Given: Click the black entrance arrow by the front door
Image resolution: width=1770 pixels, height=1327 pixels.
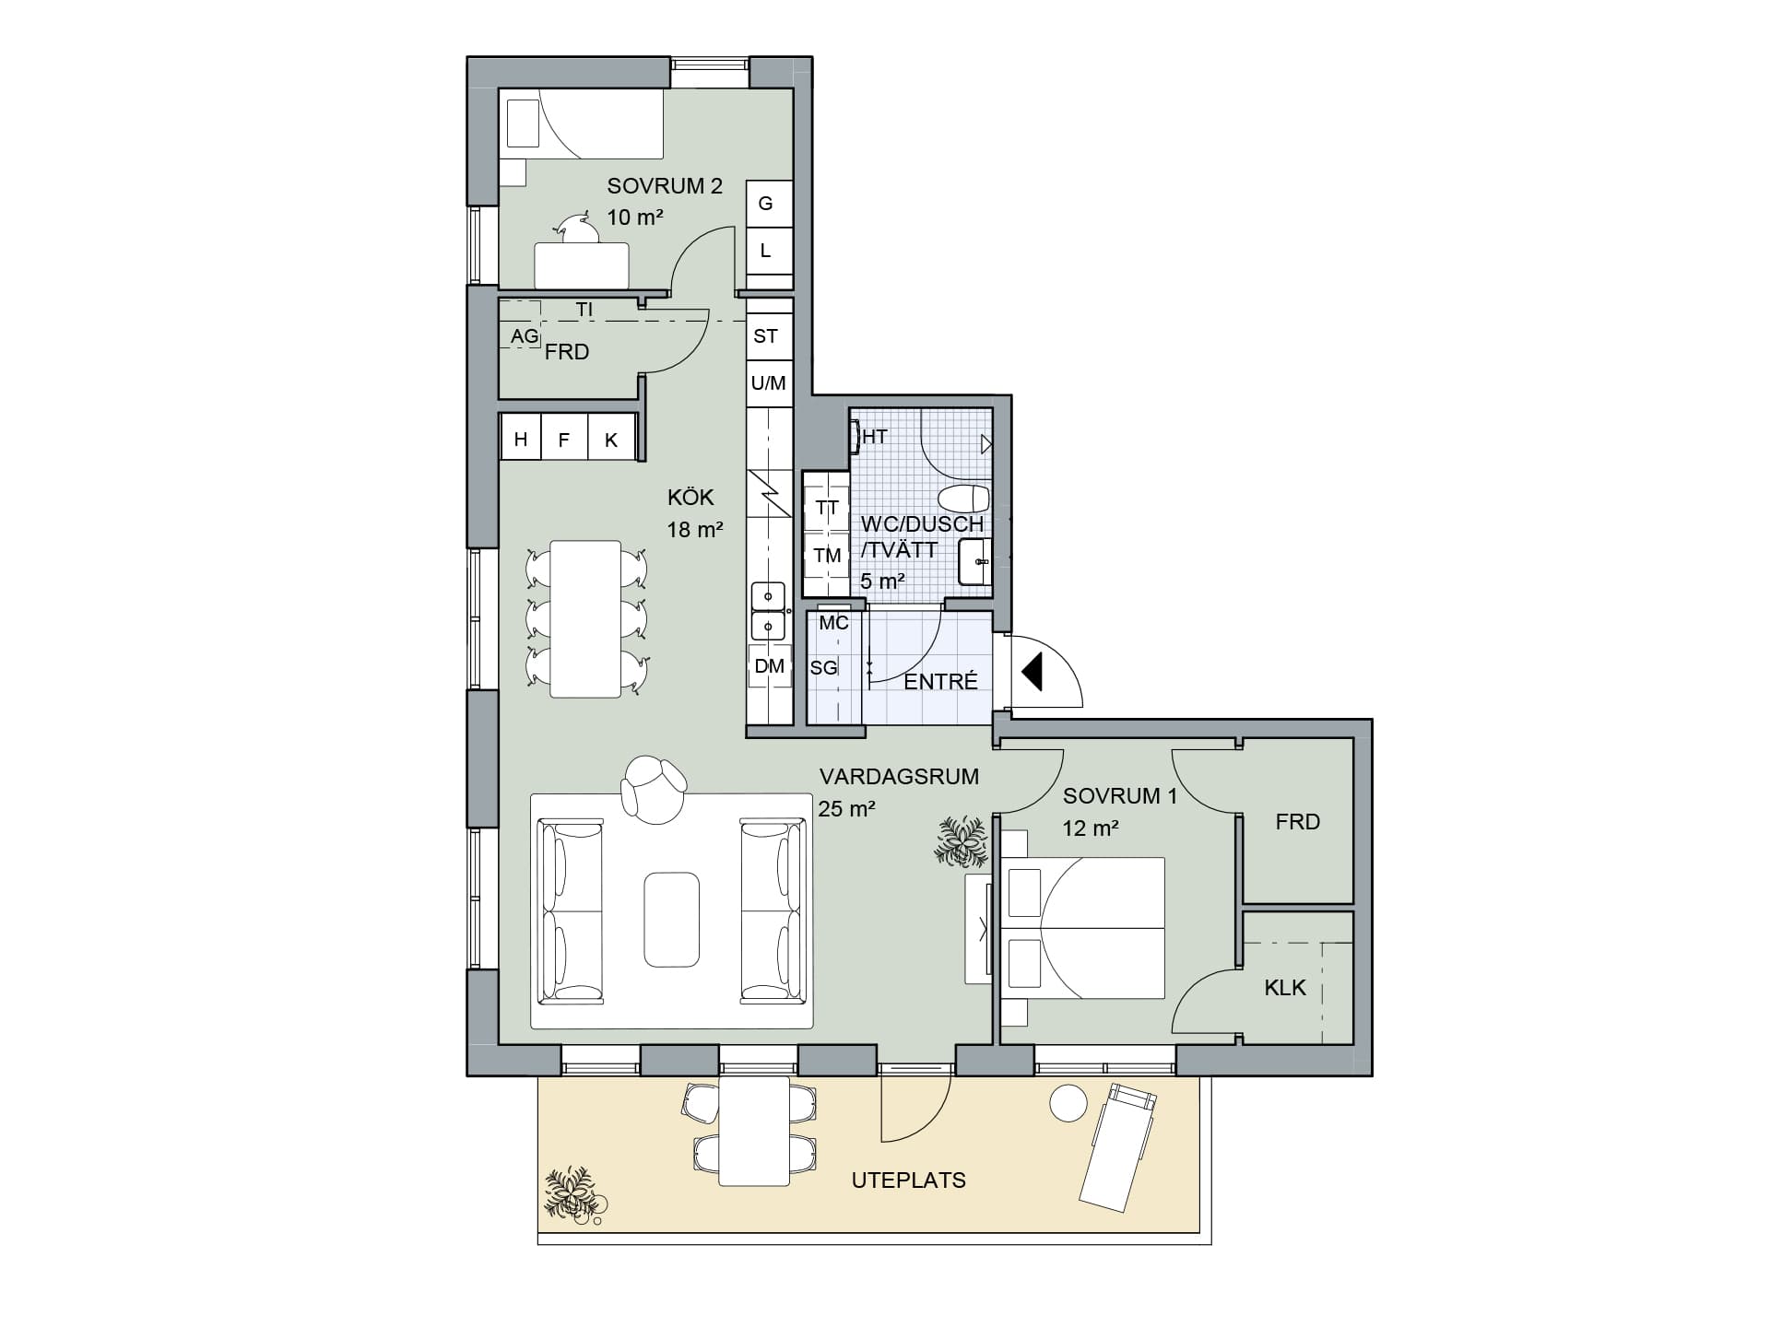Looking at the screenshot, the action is click(1032, 671).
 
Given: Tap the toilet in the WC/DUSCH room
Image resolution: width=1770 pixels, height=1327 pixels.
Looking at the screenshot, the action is click(964, 499).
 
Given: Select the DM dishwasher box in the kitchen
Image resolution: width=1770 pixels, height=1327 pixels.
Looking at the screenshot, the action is click(770, 665).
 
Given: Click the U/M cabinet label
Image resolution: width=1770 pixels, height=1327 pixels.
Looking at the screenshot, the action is click(768, 382).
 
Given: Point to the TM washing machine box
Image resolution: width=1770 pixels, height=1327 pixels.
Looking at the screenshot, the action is click(827, 556).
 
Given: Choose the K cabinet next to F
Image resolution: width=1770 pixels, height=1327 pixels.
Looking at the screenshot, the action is click(611, 440).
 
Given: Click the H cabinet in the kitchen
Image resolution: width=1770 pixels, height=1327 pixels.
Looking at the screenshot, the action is click(521, 440).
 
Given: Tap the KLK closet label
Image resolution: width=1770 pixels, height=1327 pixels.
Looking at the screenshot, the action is click(1285, 988).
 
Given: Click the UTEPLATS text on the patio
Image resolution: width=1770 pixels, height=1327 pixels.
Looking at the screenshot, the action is click(909, 1180).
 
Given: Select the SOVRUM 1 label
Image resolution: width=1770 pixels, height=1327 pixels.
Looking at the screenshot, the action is click(1120, 796).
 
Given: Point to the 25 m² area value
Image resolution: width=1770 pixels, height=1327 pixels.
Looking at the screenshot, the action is click(846, 809).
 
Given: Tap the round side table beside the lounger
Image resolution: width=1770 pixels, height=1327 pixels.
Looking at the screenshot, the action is click(1069, 1103).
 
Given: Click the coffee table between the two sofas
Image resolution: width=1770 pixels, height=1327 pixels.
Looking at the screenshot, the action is click(671, 920).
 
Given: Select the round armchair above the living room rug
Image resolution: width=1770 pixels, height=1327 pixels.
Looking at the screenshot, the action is click(654, 788).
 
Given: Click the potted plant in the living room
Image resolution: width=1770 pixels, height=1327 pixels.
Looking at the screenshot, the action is click(962, 841).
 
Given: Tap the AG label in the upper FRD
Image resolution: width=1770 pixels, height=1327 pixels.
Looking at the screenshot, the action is click(525, 337).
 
